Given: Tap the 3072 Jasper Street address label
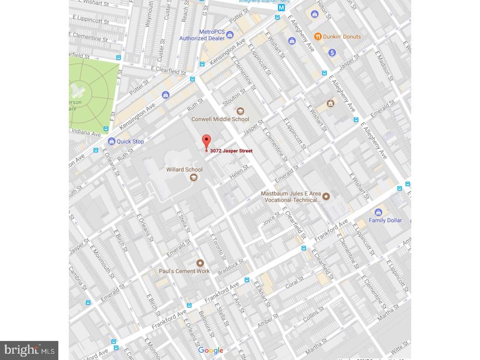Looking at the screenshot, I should [231, 151].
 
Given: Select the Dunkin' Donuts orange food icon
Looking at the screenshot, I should [318, 37].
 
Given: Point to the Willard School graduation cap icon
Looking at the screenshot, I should [193, 177].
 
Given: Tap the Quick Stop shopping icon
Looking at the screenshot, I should [112, 141].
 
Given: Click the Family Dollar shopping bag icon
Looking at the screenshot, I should [378, 212].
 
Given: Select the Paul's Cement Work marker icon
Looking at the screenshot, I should [200, 263].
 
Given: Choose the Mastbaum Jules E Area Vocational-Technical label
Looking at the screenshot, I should [289, 196].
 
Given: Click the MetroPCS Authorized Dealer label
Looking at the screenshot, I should [201, 35].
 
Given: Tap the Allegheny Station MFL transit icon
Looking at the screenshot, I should [282, 8].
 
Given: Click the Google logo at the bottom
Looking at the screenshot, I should [211, 350].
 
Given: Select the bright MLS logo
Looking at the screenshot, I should [29, 350].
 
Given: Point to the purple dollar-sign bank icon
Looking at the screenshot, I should [332, 52].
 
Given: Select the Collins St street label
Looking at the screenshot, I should [314, 313].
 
